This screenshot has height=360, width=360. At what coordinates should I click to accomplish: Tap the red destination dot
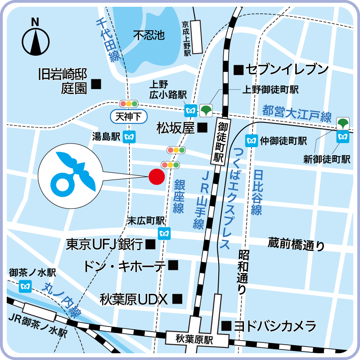[156, 177]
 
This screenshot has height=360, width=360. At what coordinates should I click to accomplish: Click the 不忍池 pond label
[149, 35]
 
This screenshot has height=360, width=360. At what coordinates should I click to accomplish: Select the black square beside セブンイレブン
[238, 70]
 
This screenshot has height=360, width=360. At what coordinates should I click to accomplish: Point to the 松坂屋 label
[175, 128]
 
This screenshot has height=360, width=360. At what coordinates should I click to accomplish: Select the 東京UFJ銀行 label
[104, 244]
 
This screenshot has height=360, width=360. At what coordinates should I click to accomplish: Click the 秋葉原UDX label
[134, 298]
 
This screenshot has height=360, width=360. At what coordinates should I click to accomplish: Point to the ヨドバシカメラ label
[275, 326]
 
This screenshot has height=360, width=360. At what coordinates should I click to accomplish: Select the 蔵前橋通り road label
[296, 243]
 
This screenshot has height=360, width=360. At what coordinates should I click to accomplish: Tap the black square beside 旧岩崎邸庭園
[96, 83]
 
